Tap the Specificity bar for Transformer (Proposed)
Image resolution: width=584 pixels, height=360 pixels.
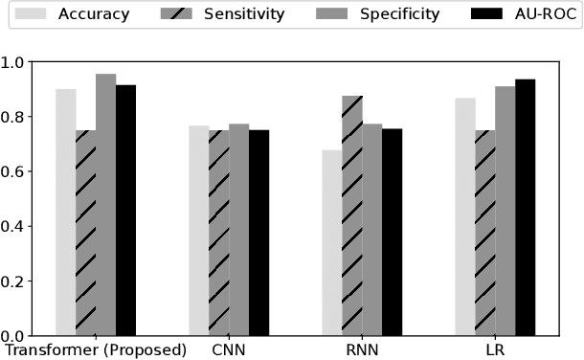pyautogui.click(x=105, y=205)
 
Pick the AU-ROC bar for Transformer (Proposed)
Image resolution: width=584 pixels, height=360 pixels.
pyautogui.click(x=125, y=211)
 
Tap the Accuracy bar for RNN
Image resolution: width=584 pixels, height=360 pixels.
pyautogui.click(x=332, y=243)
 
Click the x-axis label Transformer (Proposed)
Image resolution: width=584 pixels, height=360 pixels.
pyautogui.click(x=96, y=349)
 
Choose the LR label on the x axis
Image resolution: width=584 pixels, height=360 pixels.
pyautogui.click(x=495, y=349)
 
